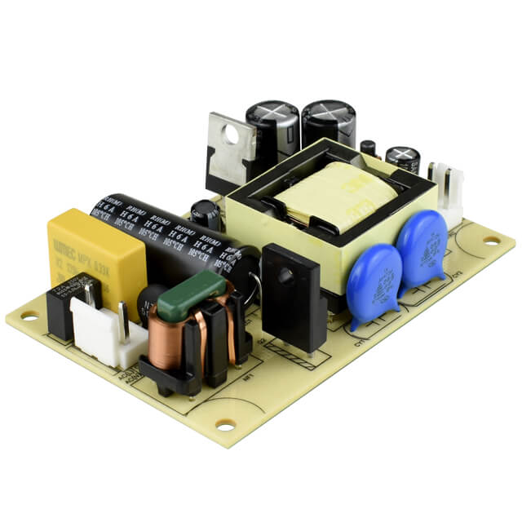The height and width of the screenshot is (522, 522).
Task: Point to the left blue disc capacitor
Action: pyautogui.click(x=374, y=281)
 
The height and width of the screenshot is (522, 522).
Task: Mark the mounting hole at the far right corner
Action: pyautogui.click(x=491, y=240)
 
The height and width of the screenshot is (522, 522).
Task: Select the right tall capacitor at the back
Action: pyautogui.click(x=329, y=122)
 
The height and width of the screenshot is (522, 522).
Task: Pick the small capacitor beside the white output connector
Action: pyautogui.click(x=403, y=158)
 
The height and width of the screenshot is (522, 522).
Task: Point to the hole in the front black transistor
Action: pyautogui.click(x=285, y=276)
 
